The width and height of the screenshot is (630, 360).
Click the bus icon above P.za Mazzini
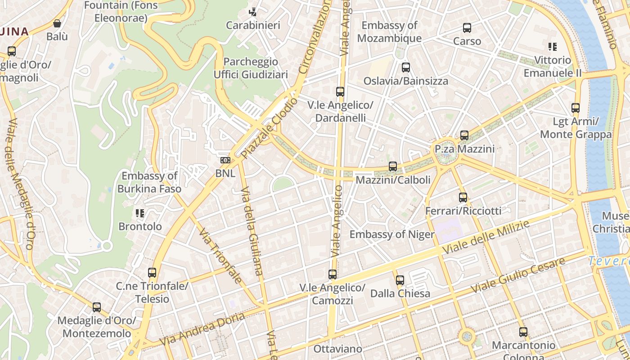coord(464,135)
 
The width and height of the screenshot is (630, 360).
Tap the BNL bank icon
coord(225,160)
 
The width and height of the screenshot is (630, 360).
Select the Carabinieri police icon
coord(253,12)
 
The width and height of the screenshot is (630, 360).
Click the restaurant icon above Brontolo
coord(139,213)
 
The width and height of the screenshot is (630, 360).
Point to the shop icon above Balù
coord(57,23)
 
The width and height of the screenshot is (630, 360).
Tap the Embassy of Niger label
coord(391,234)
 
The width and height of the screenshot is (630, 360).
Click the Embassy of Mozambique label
coord(389,31)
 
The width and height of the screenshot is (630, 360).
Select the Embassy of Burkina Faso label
coord(149,182)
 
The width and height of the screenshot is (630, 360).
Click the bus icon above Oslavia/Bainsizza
coord(405,67)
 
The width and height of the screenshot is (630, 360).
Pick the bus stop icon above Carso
coord(467,28)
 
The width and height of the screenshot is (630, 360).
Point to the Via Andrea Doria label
coord(202,329)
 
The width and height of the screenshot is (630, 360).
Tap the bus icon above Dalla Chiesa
coord(400,280)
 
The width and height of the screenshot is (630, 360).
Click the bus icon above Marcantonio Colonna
coord(523,332)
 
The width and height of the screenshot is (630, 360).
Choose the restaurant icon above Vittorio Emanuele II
coord(553,47)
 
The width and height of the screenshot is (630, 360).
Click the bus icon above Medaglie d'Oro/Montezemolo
coord(97,307)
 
